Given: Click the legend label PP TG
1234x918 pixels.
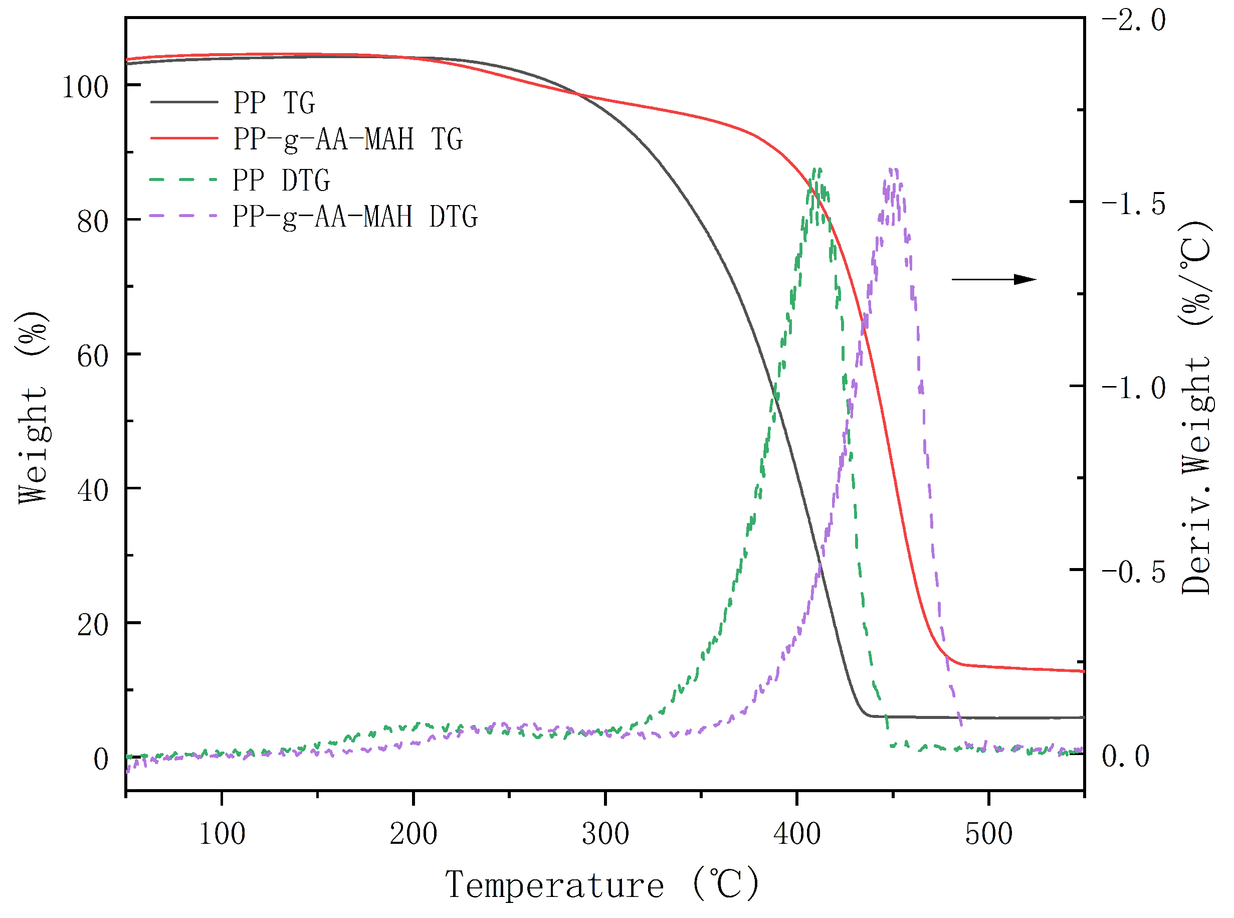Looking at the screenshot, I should point(274,103).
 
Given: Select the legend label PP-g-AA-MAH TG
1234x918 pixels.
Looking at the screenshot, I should point(348,139).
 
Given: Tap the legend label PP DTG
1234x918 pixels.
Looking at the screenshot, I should point(281,180).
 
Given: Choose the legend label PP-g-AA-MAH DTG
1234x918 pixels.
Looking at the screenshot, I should point(355,217).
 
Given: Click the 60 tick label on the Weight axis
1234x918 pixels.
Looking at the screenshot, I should point(93,356).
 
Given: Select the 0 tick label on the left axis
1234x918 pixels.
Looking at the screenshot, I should point(101,759).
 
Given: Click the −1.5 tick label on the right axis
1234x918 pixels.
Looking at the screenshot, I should point(1133,204).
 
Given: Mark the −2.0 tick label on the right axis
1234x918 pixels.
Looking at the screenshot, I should point(1133,21).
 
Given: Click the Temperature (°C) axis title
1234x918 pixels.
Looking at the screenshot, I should point(602,884).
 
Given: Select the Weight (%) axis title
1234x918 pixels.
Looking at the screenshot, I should point(32,407).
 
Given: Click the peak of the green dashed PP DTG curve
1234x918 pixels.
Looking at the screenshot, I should point(816,169).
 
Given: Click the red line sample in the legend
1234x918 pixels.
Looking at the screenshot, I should point(184,138).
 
